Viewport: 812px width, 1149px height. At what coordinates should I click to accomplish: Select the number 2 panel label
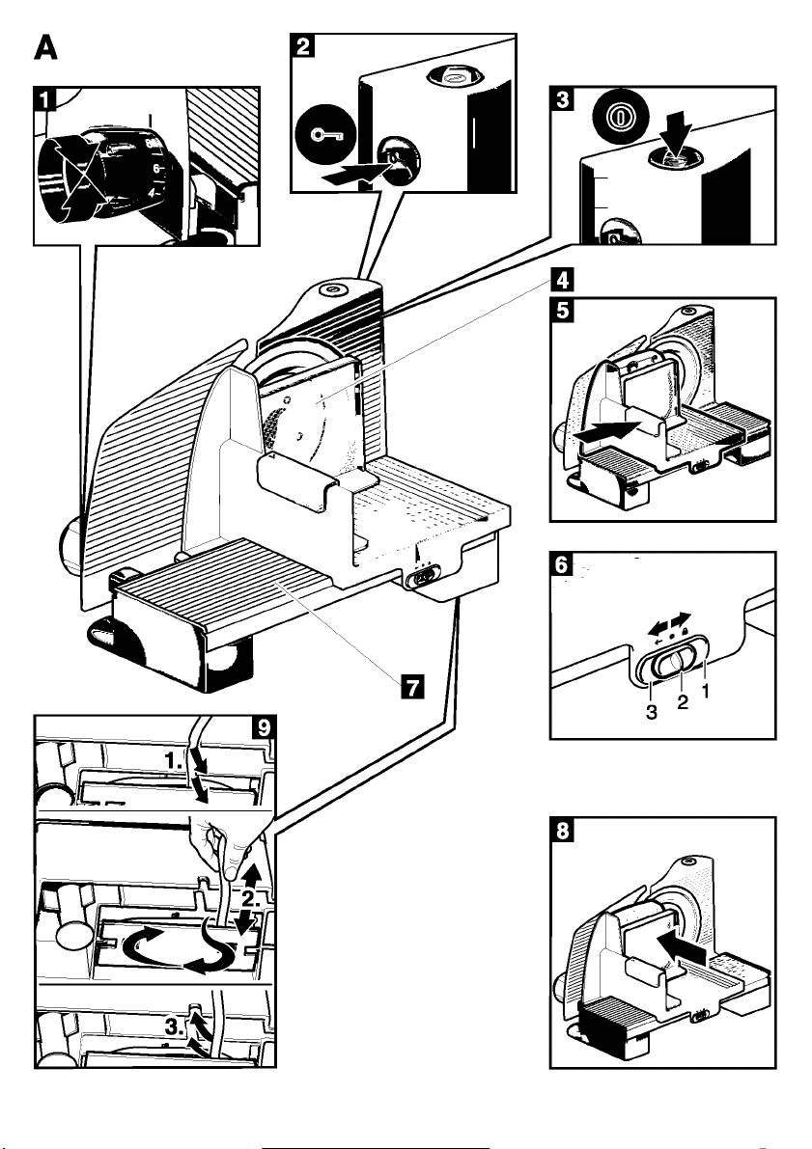pyautogui.click(x=302, y=45)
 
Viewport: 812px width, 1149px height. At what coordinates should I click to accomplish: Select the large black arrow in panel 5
pyautogui.click(x=605, y=431)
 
